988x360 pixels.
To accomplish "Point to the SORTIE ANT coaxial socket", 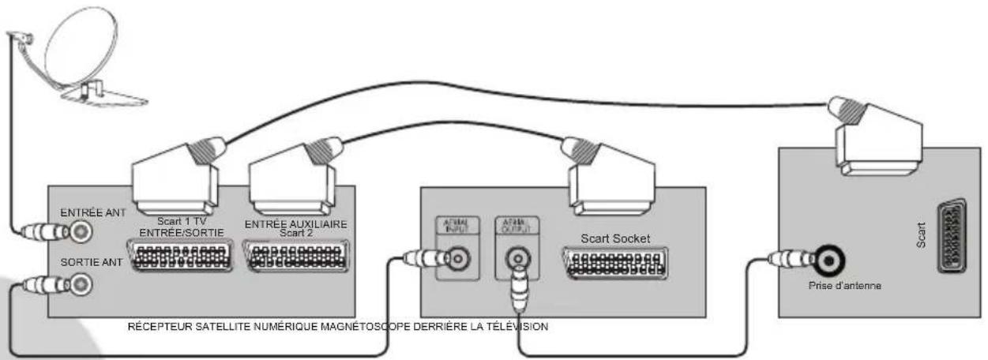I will click(x=79, y=285).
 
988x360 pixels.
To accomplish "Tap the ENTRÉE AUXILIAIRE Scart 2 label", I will click(x=295, y=228).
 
